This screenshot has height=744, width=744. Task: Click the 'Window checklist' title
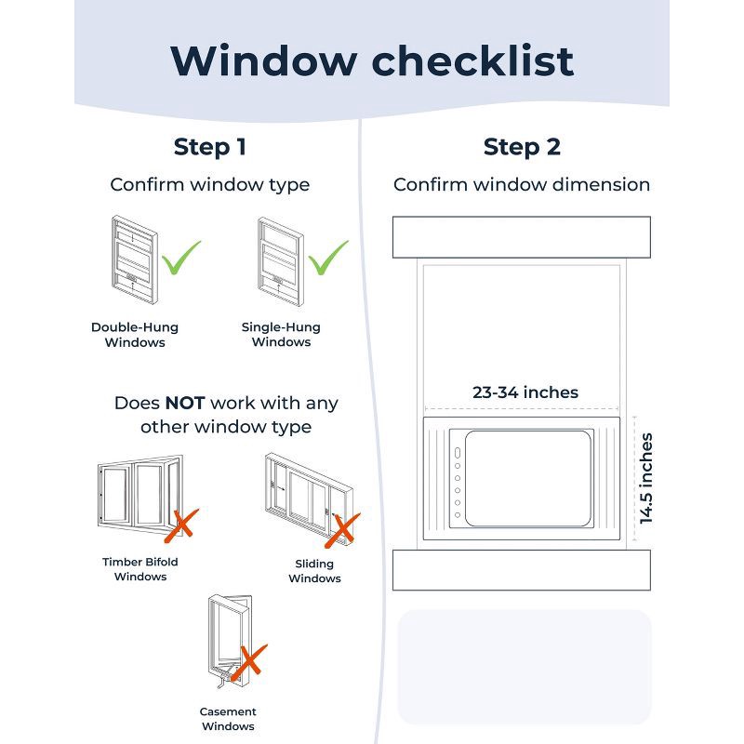tap(372, 60)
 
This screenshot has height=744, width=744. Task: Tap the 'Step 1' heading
tap(210, 147)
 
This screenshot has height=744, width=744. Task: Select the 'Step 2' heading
tap(522, 147)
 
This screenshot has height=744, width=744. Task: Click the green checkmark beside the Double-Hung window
tap(181, 259)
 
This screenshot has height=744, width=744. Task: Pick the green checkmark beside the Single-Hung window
tap(328, 259)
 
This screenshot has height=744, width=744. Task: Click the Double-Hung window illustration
tap(133, 259)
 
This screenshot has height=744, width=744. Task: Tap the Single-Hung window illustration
tap(280, 259)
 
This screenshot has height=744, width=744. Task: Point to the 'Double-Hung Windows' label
tap(135, 335)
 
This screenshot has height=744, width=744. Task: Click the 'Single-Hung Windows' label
tap(281, 335)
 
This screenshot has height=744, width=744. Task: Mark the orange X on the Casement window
tap(248, 661)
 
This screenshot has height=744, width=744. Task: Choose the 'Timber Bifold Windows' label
tap(140, 569)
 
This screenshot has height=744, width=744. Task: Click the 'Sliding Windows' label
tap(314, 571)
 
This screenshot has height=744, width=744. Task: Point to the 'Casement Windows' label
tap(228, 719)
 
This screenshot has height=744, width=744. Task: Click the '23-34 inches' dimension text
tap(525, 392)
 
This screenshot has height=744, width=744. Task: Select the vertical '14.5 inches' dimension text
tap(646, 478)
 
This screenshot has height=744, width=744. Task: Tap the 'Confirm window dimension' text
tap(522, 184)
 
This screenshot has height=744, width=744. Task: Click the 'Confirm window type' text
tap(210, 184)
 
